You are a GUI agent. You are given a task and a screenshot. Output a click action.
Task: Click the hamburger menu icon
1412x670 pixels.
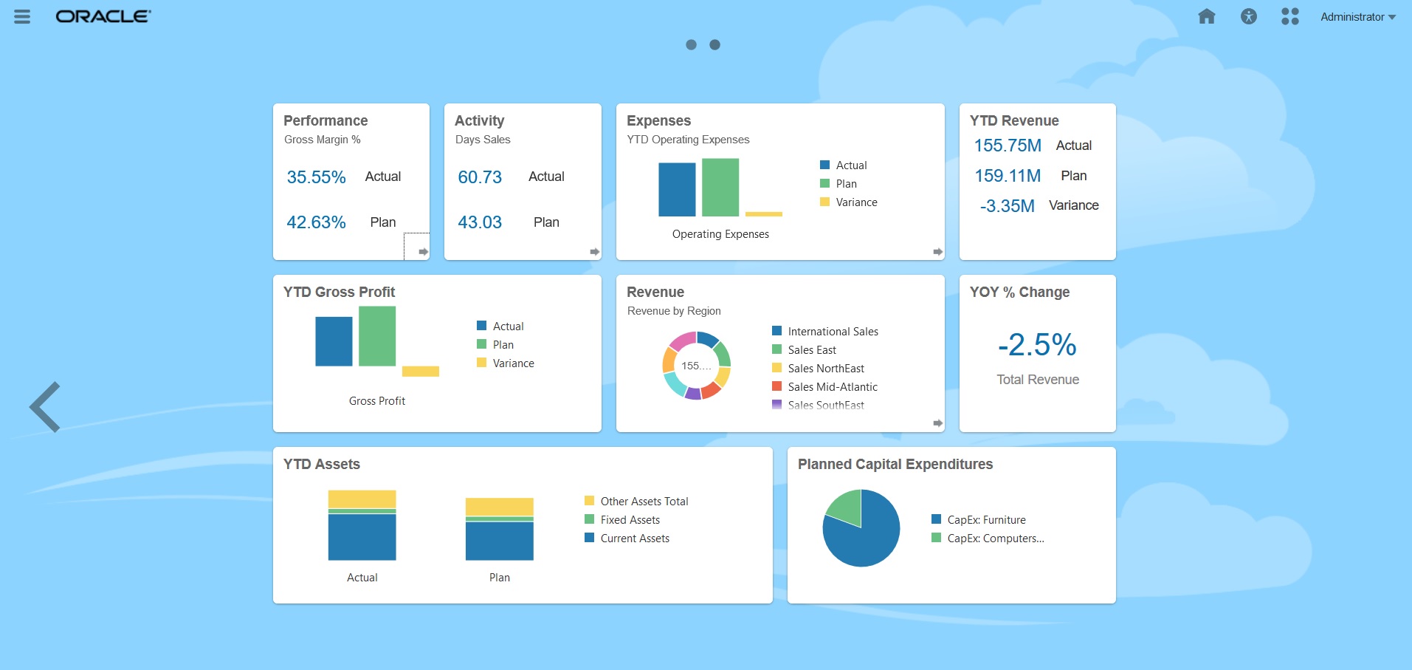[x=22, y=16]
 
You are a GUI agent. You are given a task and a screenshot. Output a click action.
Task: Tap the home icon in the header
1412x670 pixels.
[x=1207, y=16]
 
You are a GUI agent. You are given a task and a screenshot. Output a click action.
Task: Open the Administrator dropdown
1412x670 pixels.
[x=1357, y=17]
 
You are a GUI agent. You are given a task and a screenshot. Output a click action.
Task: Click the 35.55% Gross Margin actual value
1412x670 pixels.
[x=316, y=177]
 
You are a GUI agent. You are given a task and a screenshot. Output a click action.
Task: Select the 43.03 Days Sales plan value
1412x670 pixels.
[x=480, y=222]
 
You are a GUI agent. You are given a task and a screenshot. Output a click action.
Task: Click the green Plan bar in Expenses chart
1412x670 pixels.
[x=720, y=188]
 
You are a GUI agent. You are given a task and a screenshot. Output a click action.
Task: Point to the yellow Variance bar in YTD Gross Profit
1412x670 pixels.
[x=421, y=371]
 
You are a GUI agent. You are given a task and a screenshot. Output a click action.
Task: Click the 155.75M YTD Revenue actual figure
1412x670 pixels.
[x=1008, y=146]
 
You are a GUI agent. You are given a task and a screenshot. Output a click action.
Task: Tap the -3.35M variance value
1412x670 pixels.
[x=1007, y=206]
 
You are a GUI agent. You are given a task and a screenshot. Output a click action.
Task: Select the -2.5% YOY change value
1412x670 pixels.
[x=1037, y=345]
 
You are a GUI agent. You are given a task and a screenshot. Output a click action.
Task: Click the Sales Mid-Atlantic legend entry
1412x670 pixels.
[x=832, y=387]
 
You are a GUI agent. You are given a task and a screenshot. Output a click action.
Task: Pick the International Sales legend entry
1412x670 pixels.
[x=833, y=332]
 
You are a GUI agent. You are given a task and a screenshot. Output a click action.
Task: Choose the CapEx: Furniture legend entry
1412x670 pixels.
[x=986, y=520]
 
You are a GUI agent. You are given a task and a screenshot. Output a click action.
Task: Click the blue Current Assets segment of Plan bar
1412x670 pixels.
[x=499, y=541]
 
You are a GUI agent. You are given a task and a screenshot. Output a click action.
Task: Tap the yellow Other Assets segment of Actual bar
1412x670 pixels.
[x=362, y=499]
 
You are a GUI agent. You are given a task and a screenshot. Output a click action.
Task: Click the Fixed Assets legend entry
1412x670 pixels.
[x=630, y=520]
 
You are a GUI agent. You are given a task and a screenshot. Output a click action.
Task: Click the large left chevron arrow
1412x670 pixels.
[x=45, y=407]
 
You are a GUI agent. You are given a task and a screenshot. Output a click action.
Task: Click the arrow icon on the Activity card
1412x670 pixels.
[x=594, y=252]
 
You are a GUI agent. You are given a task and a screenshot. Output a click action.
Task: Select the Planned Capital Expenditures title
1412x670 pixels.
[x=895, y=464]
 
